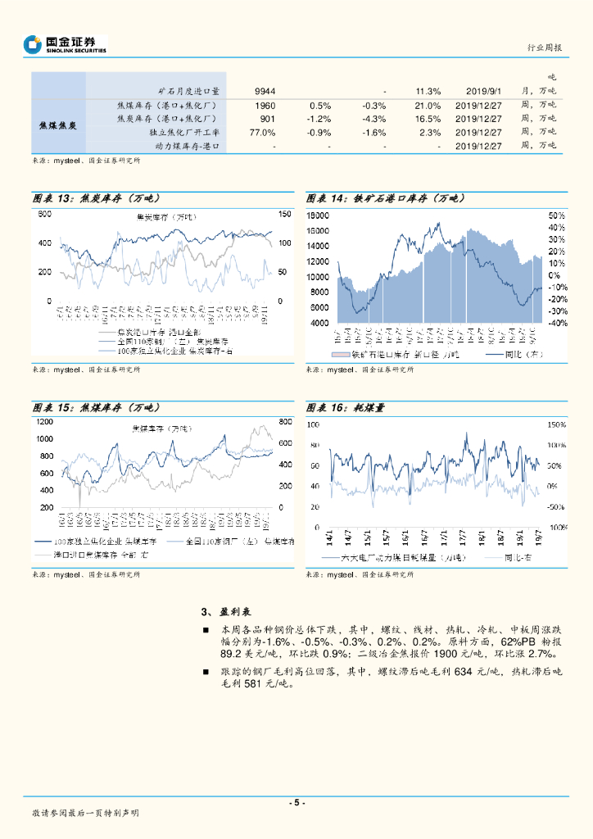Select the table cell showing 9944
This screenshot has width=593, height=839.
tap(265, 91)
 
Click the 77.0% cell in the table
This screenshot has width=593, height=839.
tap(262, 132)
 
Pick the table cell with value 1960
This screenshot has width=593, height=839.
tap(265, 106)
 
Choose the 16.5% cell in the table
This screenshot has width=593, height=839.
tap(428, 119)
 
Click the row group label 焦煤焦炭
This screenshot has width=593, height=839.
tap(58, 125)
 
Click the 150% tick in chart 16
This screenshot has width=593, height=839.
tap(556, 424)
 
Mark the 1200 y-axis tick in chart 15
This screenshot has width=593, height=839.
tap(44, 421)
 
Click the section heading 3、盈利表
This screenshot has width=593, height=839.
tap(225, 612)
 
